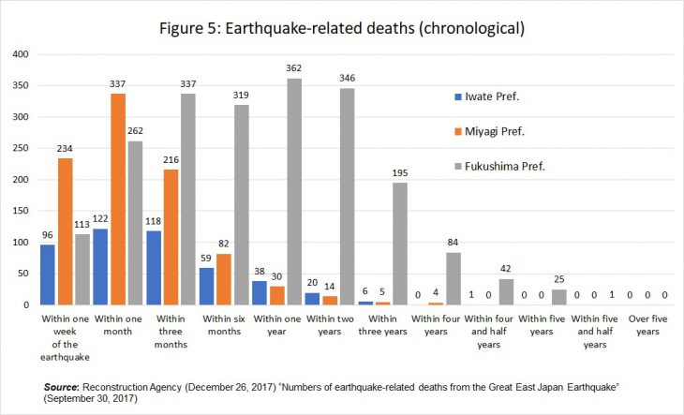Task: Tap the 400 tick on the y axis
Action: pos(21,54)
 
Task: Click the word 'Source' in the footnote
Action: pos(62,385)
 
